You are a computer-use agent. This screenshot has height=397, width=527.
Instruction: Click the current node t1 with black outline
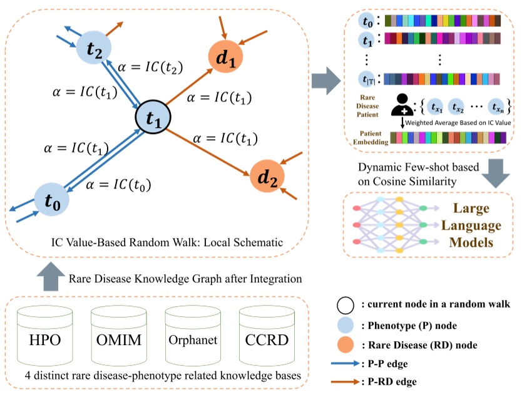tap(154, 116)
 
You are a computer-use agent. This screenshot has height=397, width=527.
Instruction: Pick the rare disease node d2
tap(266, 176)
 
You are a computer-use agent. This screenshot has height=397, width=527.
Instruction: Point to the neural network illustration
tap(389, 225)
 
